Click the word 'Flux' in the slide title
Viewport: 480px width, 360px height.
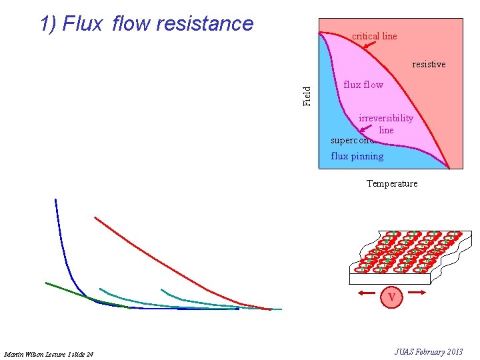[x=82, y=23]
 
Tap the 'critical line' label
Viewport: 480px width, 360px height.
[x=374, y=36]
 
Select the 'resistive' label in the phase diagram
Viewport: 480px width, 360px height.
[x=429, y=65]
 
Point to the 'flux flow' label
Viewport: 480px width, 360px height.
[x=363, y=85]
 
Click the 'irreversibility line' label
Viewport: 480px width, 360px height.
[x=386, y=124]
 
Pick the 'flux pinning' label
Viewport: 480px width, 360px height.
[x=357, y=156]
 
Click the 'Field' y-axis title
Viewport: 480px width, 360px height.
[x=307, y=96]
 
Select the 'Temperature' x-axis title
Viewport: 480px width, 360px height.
[x=392, y=183]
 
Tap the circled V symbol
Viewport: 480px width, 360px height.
[x=392, y=297]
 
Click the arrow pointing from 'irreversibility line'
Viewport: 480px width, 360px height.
[x=366, y=137]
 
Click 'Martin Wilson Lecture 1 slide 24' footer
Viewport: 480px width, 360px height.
[x=49, y=353]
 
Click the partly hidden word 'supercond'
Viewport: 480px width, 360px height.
[x=351, y=140]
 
